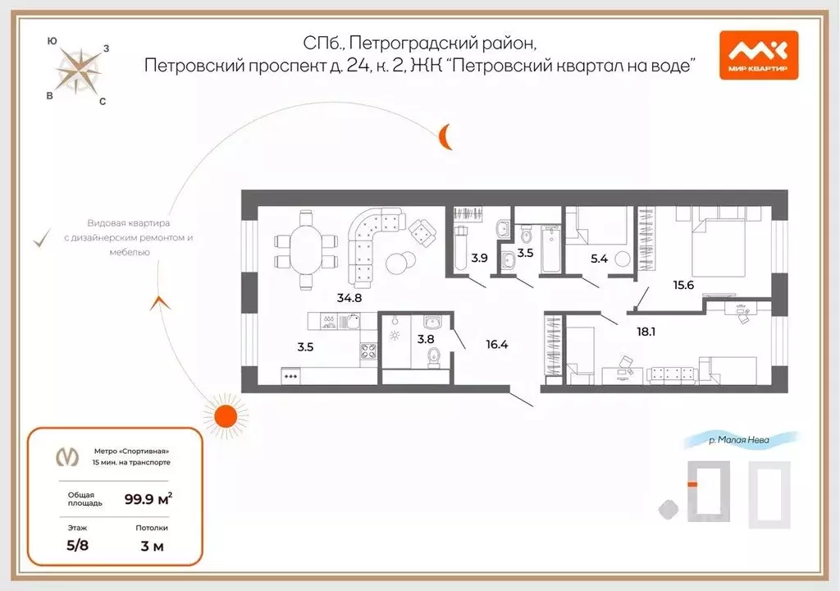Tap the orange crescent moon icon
[x=445, y=136]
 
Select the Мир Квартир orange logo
[x=758, y=55]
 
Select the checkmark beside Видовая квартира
[x=39, y=239]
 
